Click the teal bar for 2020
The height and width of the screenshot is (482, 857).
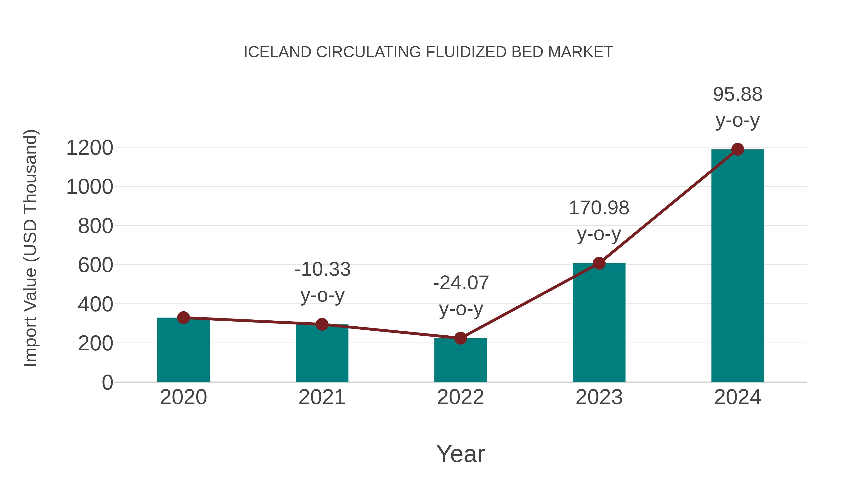[183, 353]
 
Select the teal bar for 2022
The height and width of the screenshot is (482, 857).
[460, 363]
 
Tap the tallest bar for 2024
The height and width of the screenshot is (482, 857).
[737, 266]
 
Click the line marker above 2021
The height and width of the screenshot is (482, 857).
[322, 324]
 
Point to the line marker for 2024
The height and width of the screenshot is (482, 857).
[737, 149]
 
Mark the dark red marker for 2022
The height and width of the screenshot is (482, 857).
[460, 338]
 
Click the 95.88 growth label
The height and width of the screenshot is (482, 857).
[737, 94]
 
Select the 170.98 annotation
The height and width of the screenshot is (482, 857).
[599, 208]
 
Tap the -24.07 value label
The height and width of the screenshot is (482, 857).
[461, 283]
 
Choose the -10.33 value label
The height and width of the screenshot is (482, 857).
[322, 269]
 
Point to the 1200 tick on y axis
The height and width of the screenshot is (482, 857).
[90, 148]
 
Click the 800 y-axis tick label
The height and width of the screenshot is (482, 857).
[95, 227]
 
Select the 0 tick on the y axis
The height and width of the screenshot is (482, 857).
[107, 383]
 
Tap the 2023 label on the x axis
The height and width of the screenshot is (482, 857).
[599, 397]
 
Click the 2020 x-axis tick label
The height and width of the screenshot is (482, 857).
[183, 397]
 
